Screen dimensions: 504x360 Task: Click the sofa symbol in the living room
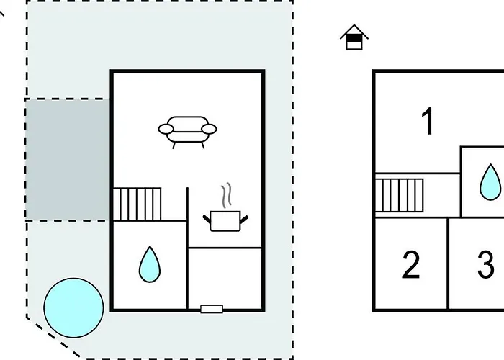tap(187, 132)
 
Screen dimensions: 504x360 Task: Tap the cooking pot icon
tap(225, 221)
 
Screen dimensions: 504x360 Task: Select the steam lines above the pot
tap(227, 194)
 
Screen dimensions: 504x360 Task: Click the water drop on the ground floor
tap(150, 264)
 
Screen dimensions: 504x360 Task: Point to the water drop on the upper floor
tap(490, 182)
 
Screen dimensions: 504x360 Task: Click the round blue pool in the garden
tap(73, 308)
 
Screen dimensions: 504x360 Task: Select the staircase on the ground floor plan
tap(137, 204)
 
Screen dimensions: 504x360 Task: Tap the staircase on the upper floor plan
tap(399, 195)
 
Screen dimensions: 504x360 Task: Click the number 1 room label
tap(428, 121)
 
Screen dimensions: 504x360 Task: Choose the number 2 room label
tap(411, 265)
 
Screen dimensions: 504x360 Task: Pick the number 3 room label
tap(486, 265)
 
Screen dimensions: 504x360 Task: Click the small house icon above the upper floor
tap(354, 37)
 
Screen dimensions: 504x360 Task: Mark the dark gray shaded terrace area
tap(67, 160)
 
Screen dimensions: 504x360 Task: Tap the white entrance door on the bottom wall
tap(212, 309)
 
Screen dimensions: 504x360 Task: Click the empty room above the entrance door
tap(225, 277)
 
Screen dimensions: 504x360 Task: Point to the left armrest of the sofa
tap(166, 129)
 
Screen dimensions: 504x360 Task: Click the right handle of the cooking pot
tap(244, 219)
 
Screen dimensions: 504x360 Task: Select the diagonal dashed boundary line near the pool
tap(53, 338)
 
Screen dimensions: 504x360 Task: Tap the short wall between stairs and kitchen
tap(187, 204)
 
